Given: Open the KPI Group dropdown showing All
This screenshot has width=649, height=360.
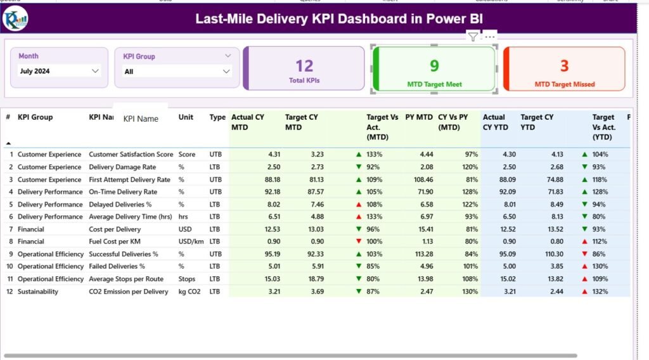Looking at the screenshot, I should tap(177, 72).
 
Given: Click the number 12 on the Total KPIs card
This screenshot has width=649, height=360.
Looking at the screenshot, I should tap(304, 66).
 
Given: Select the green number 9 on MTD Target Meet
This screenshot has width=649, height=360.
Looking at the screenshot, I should tap(434, 66).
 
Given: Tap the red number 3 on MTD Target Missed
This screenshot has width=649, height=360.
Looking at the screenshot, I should tap(564, 66).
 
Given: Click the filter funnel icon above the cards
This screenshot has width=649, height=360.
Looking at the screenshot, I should tap(473, 37).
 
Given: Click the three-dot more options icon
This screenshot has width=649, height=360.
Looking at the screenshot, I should tap(490, 37).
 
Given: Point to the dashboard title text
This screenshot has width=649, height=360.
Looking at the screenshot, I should tap(338, 19).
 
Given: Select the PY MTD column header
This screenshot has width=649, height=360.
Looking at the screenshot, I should tap(419, 117).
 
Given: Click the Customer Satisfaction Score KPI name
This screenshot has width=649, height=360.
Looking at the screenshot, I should tap(131, 155).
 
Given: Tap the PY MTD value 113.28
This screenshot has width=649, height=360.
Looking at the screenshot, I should tap(421, 254).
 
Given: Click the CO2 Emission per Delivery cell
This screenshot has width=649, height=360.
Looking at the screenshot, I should tap(128, 292).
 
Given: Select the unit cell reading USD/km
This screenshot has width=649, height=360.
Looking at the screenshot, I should tap(191, 241).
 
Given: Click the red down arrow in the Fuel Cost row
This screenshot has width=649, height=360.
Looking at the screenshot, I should tap(359, 241).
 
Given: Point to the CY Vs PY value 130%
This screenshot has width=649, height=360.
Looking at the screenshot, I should tap(470, 292).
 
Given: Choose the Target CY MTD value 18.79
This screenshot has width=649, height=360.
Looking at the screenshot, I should tap(318, 279).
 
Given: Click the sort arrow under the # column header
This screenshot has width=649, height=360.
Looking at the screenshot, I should tap(8, 143).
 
